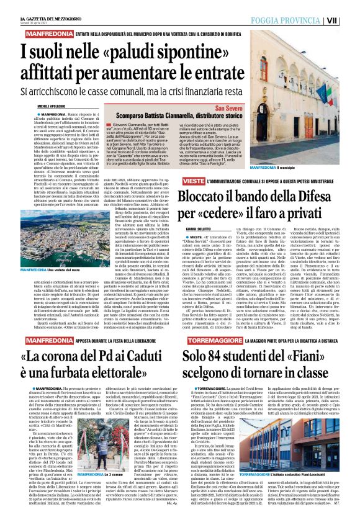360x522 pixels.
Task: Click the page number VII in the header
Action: [349, 20]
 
